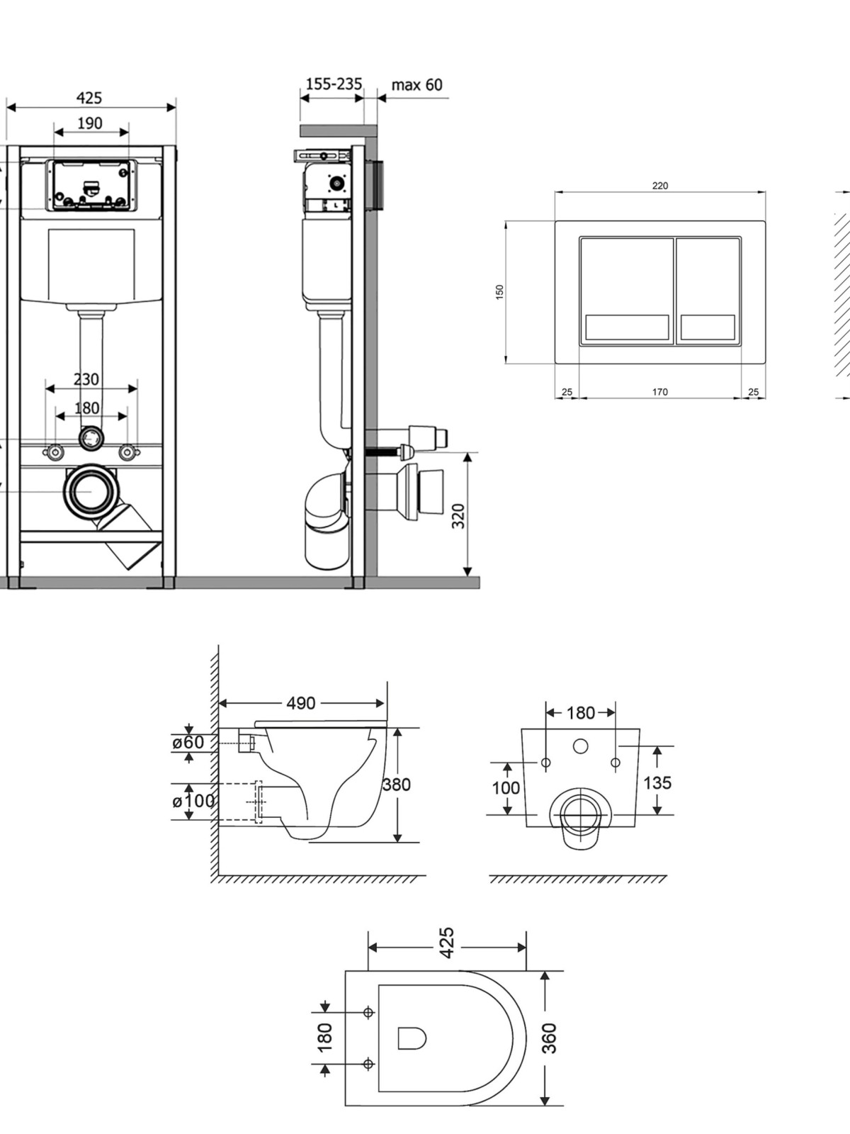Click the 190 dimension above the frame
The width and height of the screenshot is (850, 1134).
click(x=91, y=123)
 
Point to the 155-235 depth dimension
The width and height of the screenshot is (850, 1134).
click(x=334, y=84)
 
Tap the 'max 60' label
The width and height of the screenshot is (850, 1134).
click(x=417, y=84)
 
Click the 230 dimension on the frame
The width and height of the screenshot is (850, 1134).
click(x=86, y=379)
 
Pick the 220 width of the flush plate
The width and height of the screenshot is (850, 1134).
click(x=660, y=186)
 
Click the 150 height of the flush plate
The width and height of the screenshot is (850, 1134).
click(x=499, y=293)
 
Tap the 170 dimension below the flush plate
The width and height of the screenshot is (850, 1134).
click(x=660, y=392)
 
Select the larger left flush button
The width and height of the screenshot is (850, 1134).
click(x=627, y=291)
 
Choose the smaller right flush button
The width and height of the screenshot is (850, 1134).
click(x=708, y=291)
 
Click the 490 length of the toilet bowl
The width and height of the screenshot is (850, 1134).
click(x=301, y=703)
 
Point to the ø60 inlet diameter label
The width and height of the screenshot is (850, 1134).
click(x=188, y=743)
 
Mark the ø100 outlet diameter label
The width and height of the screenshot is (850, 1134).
click(x=193, y=802)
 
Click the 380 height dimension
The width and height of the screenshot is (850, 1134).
click(x=397, y=785)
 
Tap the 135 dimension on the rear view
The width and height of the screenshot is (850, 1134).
click(x=657, y=782)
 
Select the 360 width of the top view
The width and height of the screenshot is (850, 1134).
click(x=550, y=1038)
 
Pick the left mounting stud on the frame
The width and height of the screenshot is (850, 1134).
click(x=54, y=453)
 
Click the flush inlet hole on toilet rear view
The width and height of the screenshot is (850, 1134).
click(x=581, y=746)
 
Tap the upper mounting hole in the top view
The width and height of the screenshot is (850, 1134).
click(x=368, y=1012)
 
